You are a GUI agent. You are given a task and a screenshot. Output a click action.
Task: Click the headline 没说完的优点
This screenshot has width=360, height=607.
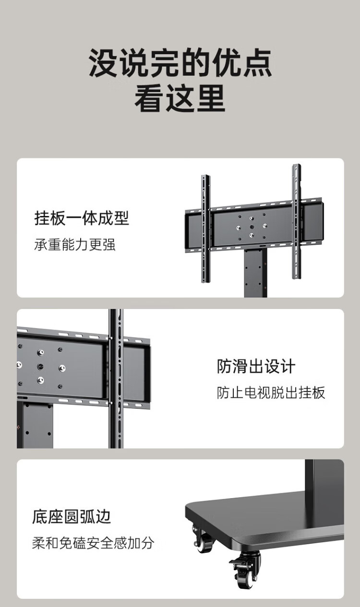point(180,62)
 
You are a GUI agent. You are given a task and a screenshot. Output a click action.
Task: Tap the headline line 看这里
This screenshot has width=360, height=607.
point(180,98)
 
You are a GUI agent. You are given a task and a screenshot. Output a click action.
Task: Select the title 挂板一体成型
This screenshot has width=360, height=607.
point(82,218)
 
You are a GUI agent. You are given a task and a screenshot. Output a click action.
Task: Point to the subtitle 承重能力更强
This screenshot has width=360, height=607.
point(75,244)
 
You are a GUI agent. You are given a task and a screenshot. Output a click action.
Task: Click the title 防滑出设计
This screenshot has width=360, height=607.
point(256,366)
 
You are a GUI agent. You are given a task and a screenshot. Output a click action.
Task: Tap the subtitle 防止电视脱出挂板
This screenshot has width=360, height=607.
point(271,393)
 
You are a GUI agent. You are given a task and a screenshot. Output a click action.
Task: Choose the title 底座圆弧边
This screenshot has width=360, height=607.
point(72,517)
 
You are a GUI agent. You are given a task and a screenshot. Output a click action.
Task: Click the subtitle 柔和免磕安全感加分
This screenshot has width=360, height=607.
point(93,543)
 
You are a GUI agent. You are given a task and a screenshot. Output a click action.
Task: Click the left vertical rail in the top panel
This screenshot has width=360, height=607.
point(205,228)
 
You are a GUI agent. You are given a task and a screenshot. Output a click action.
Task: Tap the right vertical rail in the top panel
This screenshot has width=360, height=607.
point(297,221)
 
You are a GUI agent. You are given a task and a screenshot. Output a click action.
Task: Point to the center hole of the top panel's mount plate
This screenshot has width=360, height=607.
point(252,226)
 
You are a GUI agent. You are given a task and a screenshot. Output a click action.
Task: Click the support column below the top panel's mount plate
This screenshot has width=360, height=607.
point(255,273)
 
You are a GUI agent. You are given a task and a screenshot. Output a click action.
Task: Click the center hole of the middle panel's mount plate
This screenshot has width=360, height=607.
point(40,367)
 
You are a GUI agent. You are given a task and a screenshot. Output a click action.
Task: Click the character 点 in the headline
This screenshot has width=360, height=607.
point(257,62)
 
